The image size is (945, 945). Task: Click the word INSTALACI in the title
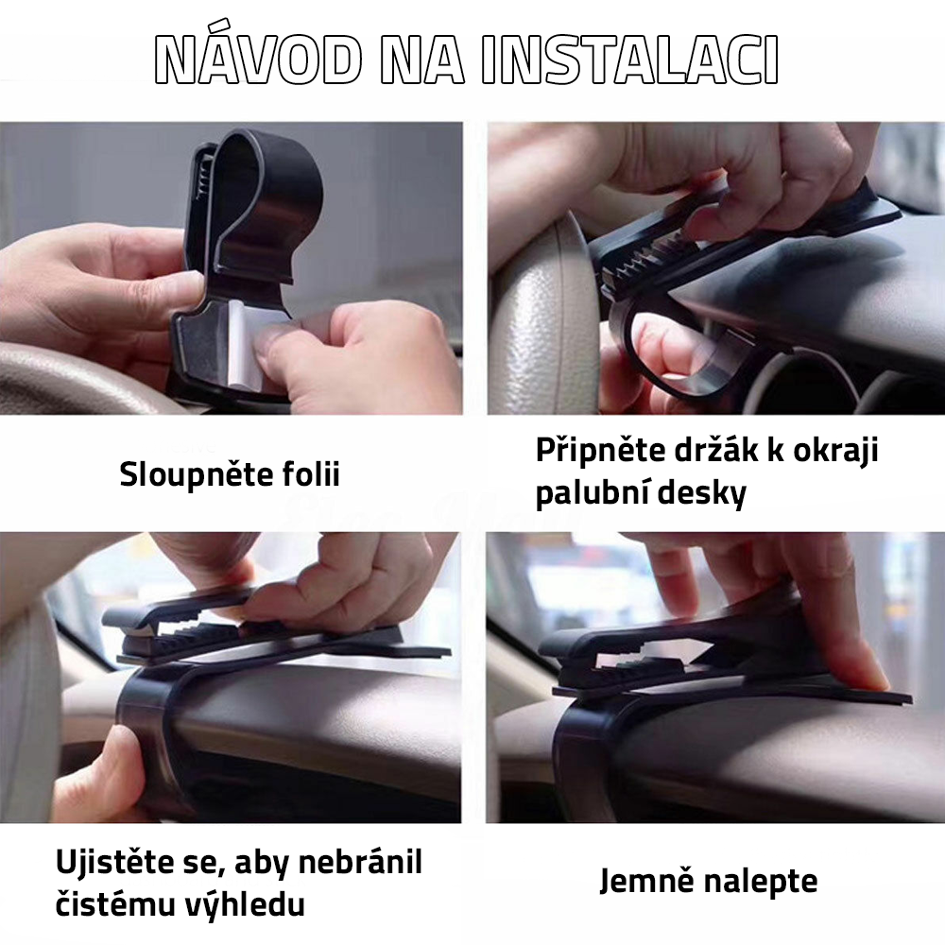pos(629,60)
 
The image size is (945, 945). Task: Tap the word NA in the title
pos(421,60)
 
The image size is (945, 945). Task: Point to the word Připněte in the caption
pos(600,452)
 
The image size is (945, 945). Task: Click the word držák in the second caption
pos(715,450)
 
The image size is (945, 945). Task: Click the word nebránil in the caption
pos(360,863)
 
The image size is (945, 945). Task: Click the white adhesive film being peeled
pos(249,345)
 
